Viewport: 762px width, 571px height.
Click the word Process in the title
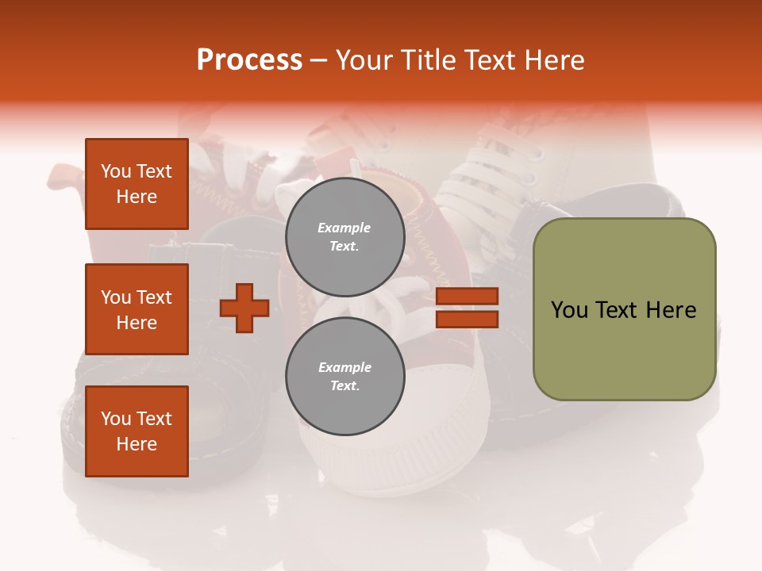point(249,60)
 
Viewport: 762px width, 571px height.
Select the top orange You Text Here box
point(137,184)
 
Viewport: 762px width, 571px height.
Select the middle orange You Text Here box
point(137,309)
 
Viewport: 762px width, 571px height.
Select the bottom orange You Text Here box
point(137,431)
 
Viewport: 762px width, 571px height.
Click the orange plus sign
point(244,308)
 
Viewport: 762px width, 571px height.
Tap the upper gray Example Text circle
point(344,236)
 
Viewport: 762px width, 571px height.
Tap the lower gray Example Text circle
point(344,376)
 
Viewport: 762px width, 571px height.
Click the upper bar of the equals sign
point(467,296)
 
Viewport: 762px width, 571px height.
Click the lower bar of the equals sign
point(467,319)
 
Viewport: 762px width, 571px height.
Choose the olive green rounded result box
point(624,309)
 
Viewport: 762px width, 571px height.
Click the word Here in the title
point(552,60)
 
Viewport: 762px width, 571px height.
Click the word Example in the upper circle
point(344,228)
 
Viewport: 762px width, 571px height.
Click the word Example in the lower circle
point(344,367)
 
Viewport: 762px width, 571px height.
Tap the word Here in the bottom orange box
point(137,444)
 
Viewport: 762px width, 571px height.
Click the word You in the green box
point(569,310)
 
